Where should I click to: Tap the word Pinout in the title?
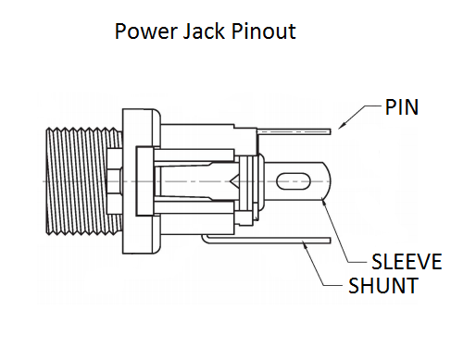[x=263, y=31]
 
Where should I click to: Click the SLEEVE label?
[x=406, y=261]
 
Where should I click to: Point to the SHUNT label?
[x=382, y=286]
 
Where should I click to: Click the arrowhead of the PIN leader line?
[x=341, y=124]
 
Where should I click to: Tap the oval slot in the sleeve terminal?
[x=294, y=180]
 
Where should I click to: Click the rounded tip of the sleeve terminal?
[x=323, y=180]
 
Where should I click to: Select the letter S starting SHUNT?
[x=355, y=286]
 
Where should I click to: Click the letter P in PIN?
[x=391, y=107]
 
